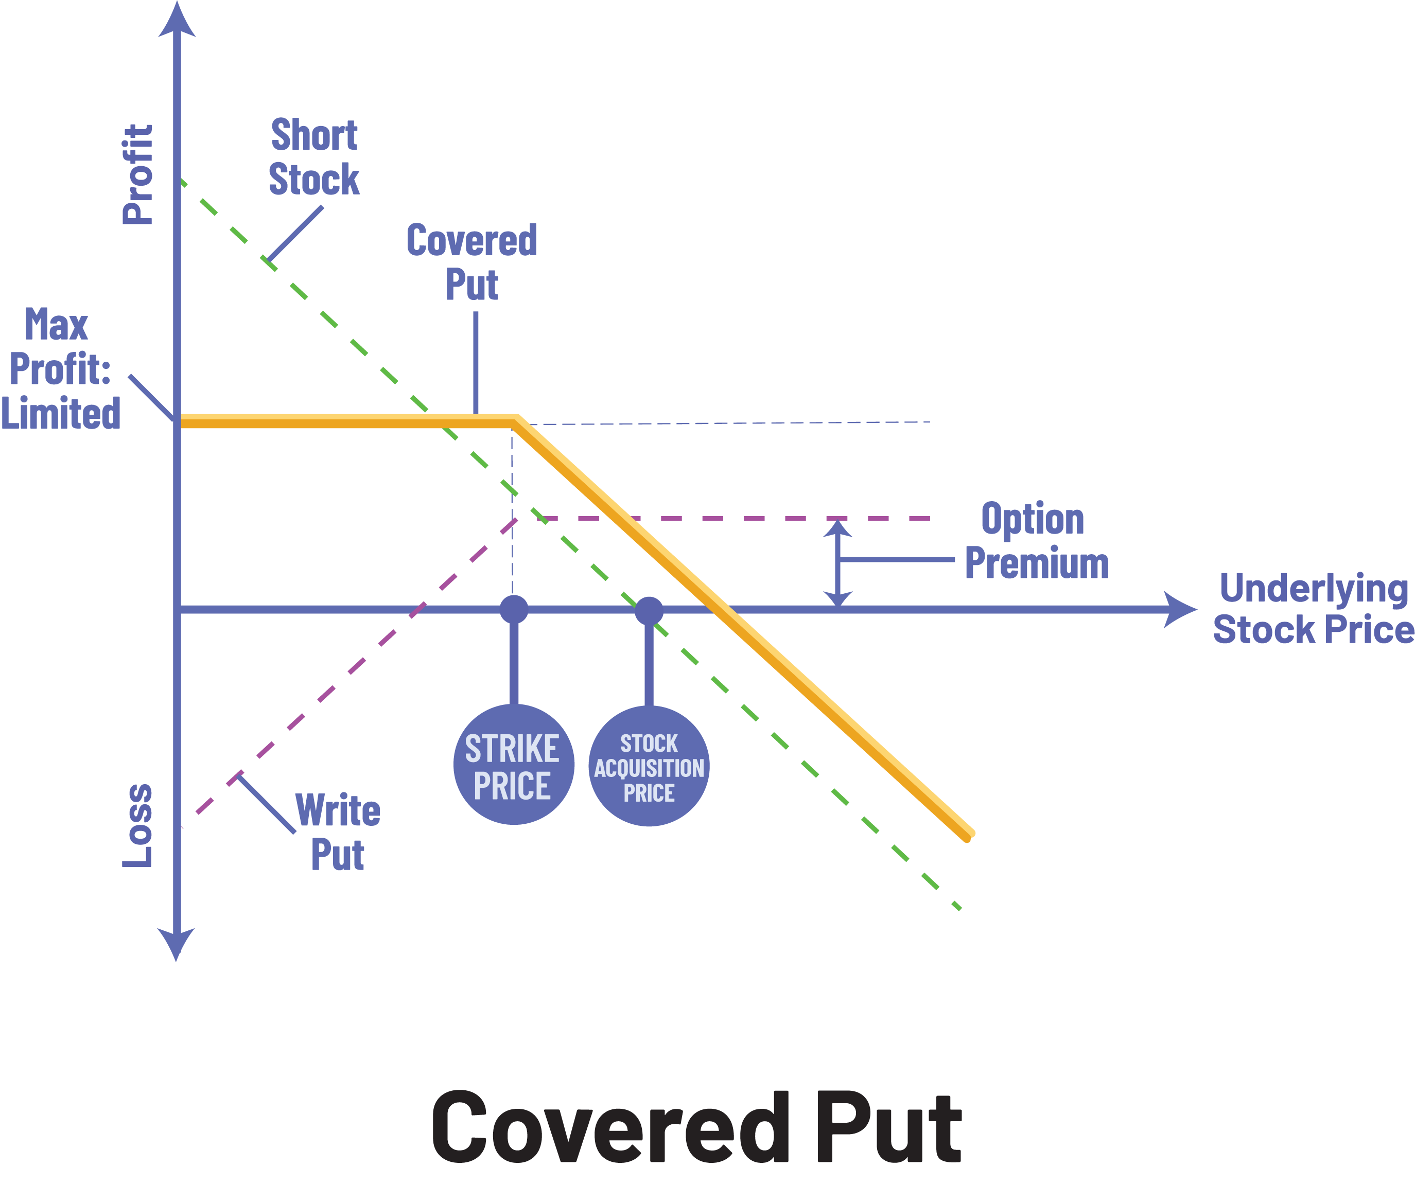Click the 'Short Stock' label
pyautogui.click(x=314, y=157)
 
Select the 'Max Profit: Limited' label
pyautogui.click(x=60, y=368)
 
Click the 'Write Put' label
pyautogui.click(x=338, y=832)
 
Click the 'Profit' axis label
pyautogui.click(x=138, y=174)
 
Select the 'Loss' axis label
pyautogui.click(x=138, y=825)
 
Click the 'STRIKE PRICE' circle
pyautogui.click(x=513, y=765)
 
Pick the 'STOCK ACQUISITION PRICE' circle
pyautogui.click(x=649, y=767)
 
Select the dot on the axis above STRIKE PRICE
pyautogui.click(x=513, y=609)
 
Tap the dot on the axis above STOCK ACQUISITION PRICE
pyautogui.click(x=649, y=610)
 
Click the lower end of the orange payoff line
pyautogui.click(x=968, y=836)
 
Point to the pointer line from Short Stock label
pyautogui.click(x=295, y=233)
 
